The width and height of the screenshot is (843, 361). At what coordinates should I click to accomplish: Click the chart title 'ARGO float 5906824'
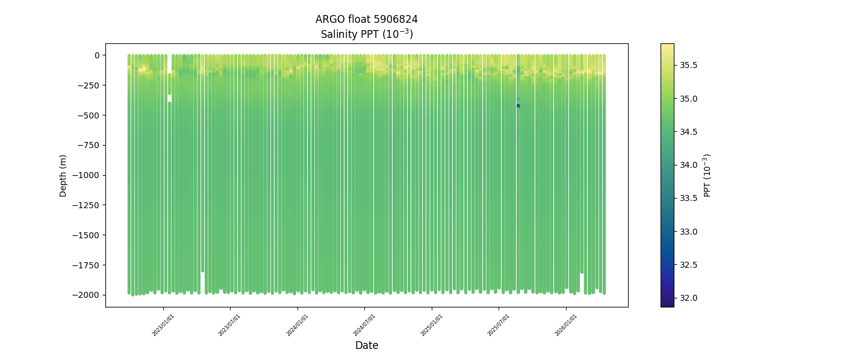pos(366,19)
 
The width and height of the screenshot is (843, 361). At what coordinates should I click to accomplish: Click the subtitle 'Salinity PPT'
pos(366,34)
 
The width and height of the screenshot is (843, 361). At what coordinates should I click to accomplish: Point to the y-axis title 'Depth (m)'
pos(63,175)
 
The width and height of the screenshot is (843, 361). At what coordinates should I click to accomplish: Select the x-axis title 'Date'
pos(366,345)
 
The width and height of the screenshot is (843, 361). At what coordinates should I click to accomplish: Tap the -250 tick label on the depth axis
pos(88,85)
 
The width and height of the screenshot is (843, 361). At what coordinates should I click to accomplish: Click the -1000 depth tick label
pos(86,175)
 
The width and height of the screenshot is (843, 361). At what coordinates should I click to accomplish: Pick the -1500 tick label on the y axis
pos(86,235)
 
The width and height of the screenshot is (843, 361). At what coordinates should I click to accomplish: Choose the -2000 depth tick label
pos(86,295)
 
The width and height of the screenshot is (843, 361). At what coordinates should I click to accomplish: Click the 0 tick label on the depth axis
pos(96,55)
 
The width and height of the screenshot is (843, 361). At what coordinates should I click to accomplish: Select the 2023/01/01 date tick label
pos(163,325)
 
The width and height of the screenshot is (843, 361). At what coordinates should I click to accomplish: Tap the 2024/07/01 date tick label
pos(364,325)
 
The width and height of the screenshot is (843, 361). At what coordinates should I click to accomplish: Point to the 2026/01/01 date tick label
pos(566,325)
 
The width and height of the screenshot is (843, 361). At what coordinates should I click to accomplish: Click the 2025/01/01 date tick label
pos(432,325)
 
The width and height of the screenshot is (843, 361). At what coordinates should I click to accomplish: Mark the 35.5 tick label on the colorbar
pos(688,65)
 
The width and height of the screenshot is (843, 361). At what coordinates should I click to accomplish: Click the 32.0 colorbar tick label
pos(688,298)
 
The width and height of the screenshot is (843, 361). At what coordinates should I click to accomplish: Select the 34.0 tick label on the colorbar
pos(688,165)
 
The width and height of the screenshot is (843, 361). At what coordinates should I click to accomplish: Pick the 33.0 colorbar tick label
pos(688,232)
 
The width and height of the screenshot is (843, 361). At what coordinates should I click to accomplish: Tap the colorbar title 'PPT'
pos(708,175)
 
